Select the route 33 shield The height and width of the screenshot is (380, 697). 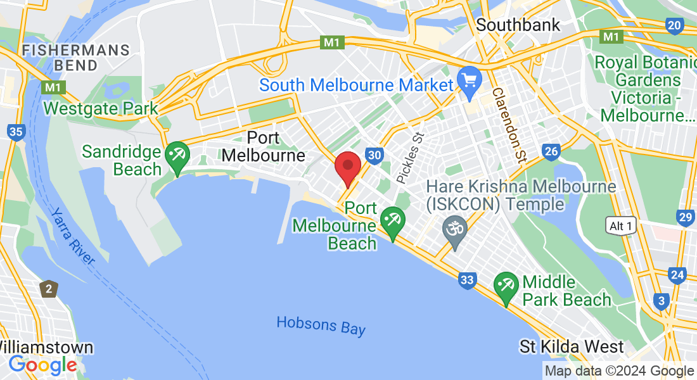468,280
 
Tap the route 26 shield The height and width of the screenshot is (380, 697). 551,151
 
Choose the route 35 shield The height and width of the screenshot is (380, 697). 16,132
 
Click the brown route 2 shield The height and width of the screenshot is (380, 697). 49,289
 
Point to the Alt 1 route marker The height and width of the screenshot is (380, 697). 620,226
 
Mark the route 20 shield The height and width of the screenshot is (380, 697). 674,25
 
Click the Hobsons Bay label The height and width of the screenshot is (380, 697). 321,326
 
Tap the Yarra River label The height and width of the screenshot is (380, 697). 73,236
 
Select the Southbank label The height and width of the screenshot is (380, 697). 518,25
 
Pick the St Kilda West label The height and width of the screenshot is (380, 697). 572,347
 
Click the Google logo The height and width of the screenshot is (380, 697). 42,365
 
